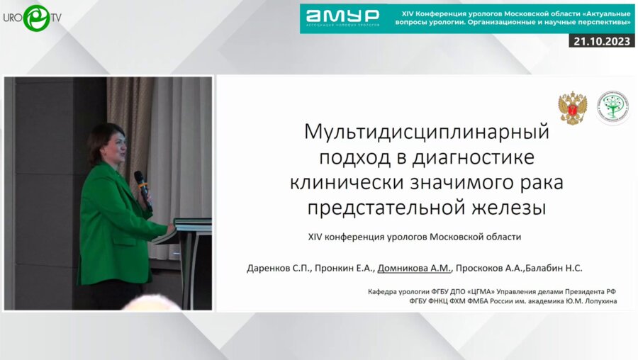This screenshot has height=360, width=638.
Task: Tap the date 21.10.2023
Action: coord(601,41)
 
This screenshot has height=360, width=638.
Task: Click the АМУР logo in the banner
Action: coord(342,17)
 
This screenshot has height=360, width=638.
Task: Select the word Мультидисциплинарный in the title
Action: coord(427,132)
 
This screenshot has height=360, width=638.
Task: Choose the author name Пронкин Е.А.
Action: coord(344,268)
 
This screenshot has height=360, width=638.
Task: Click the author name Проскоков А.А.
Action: coord(488,268)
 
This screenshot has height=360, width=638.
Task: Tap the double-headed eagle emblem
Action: coord(572,108)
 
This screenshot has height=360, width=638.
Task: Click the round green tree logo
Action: coord(612,108)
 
